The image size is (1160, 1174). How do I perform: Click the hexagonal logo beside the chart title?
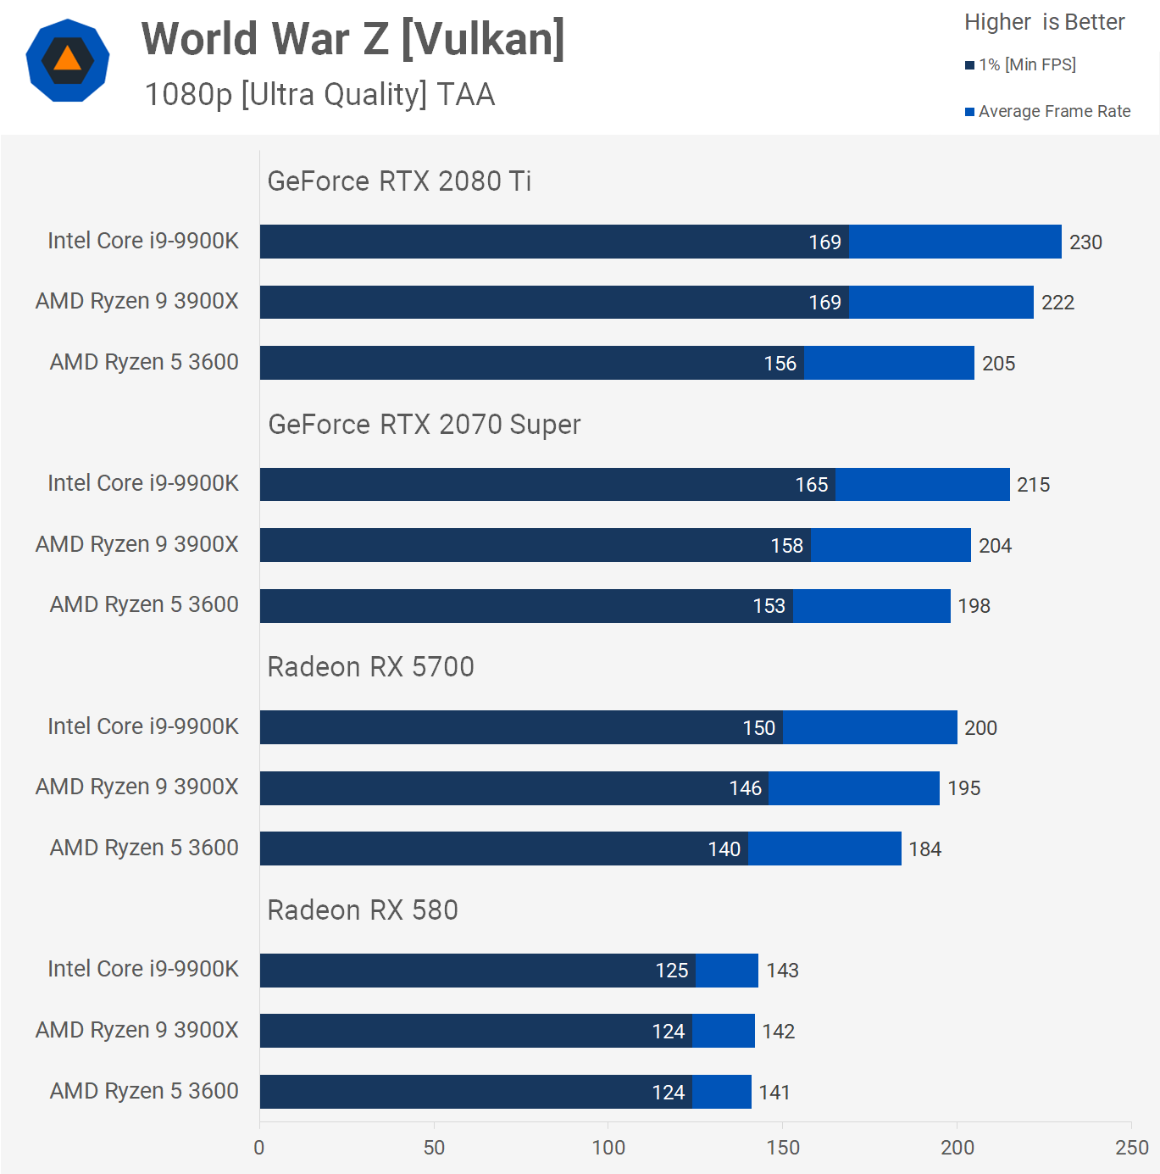tap(68, 61)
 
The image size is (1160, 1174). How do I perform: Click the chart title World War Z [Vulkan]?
tap(352, 39)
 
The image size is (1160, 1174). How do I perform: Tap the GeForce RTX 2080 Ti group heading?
tap(399, 181)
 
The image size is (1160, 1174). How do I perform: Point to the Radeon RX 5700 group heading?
tap(370, 667)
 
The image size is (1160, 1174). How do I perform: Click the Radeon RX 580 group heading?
tap(363, 910)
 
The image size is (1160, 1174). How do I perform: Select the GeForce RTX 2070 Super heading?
tap(424, 425)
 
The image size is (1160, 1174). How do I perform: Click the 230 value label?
tap(1085, 242)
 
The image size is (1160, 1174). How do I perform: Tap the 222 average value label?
tap(1057, 303)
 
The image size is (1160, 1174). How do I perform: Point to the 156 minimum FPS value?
tap(780, 364)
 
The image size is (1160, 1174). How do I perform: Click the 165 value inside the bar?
tap(811, 485)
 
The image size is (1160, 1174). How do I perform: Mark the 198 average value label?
tap(974, 606)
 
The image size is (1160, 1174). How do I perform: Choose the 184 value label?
tap(924, 849)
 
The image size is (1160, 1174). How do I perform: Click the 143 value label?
tap(782, 971)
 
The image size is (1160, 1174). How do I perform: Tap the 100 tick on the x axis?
tap(608, 1148)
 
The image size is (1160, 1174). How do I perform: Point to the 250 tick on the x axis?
tap(1131, 1148)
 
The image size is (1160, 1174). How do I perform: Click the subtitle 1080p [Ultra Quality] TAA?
tap(319, 95)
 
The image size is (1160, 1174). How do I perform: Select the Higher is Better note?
tap(1044, 22)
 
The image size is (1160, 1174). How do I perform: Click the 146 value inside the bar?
tap(745, 788)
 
